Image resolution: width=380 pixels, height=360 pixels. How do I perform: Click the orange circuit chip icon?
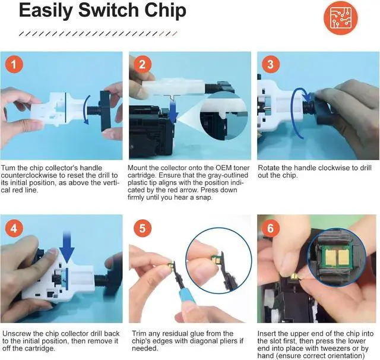coord(340,18)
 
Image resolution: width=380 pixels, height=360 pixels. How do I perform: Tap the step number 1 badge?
coord(14,64)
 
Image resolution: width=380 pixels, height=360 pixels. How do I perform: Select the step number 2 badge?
coord(142,64)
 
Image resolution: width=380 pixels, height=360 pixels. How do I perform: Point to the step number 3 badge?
coord(271,64)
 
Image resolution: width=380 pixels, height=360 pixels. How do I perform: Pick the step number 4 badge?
coord(14,228)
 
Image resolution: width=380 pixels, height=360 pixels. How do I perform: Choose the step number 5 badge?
coord(142,228)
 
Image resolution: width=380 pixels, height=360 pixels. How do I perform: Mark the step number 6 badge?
coord(271,228)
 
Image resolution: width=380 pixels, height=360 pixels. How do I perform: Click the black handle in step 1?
coord(105,110)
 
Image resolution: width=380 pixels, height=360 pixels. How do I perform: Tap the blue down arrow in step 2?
coord(173,112)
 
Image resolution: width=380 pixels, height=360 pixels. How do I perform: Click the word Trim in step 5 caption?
coord(140,334)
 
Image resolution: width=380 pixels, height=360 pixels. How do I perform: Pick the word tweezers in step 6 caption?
coord(335,349)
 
